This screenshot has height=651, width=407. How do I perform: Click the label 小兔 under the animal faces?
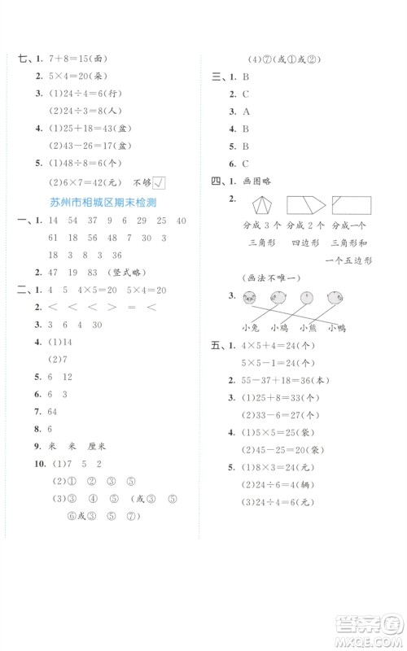click(x=252, y=328)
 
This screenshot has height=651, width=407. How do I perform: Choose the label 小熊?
click(x=309, y=328)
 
